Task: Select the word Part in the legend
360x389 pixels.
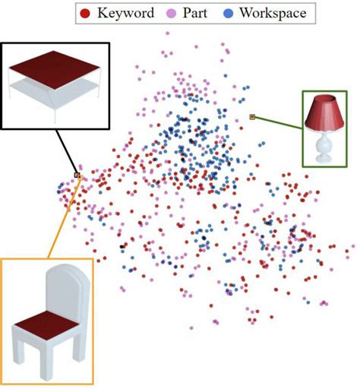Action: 197,13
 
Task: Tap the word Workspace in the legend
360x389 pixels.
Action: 270,13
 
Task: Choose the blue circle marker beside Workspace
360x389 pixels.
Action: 229,13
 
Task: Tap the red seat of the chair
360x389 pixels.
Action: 45,331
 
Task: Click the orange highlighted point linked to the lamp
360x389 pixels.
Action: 252,117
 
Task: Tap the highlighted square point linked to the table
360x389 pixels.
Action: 77,175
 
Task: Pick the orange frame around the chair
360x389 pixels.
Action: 93,319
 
